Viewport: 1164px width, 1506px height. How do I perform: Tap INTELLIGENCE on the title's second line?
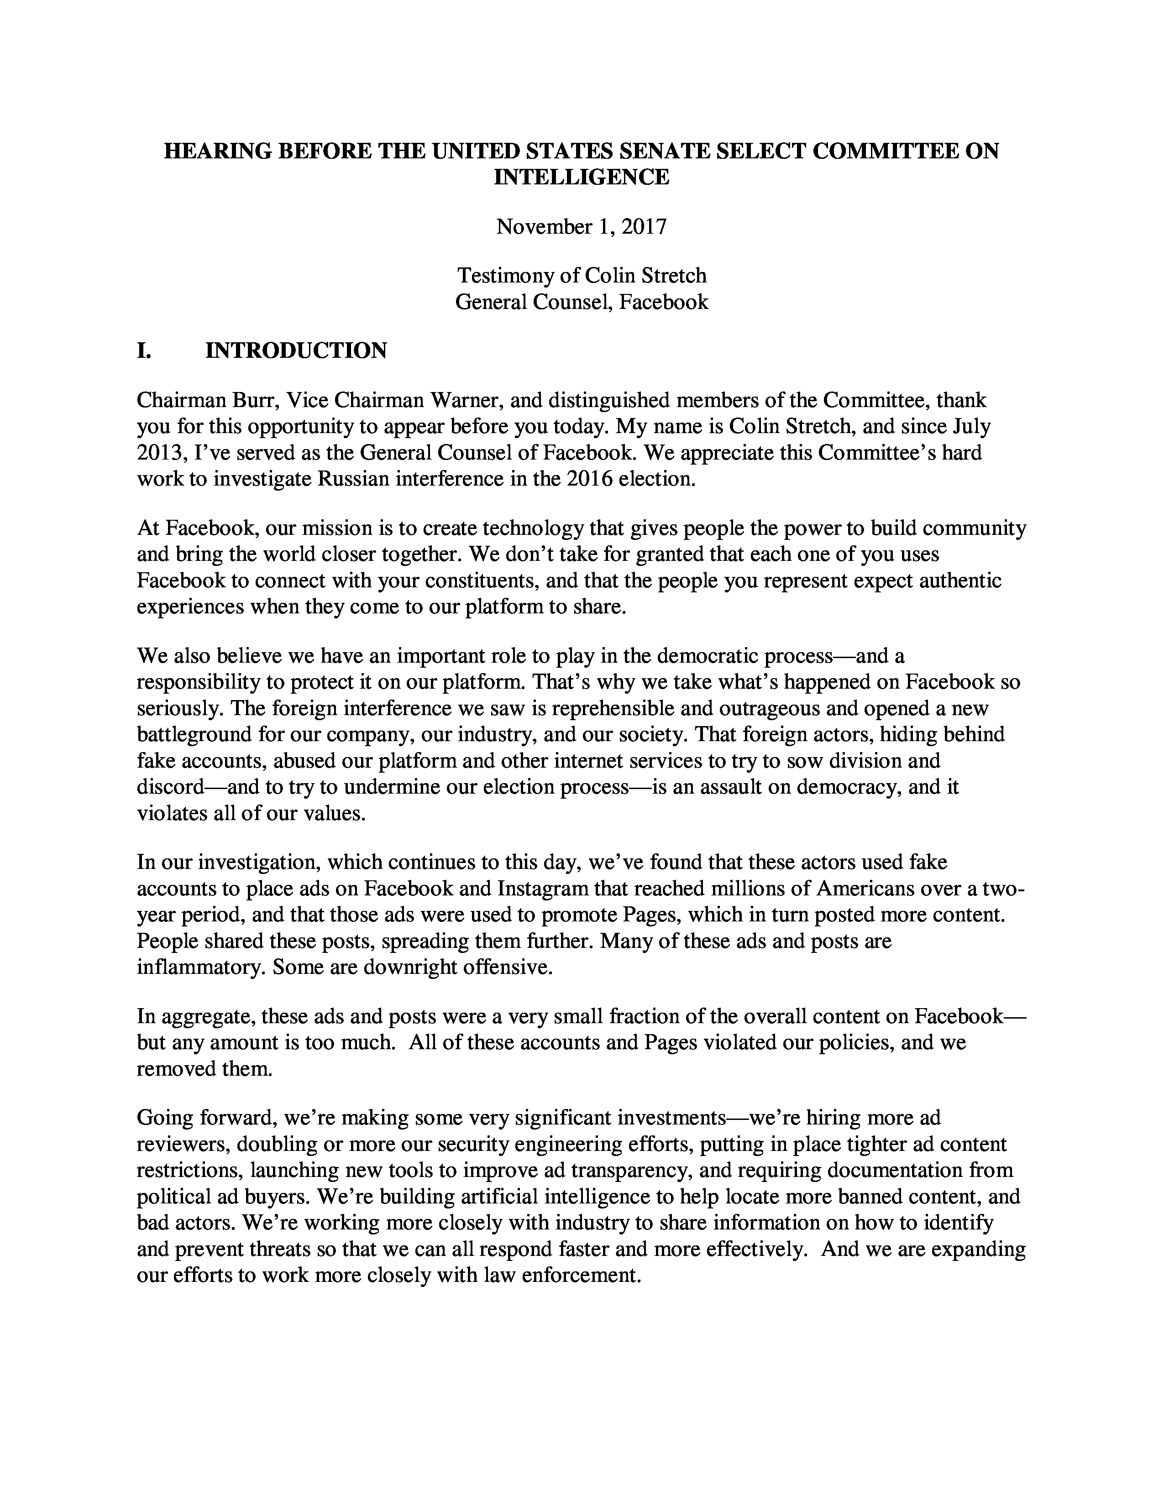581,177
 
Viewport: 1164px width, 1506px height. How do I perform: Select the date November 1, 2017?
581,227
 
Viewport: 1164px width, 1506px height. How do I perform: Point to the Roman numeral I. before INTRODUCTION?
143,350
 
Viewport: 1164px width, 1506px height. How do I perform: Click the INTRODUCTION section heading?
296,350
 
